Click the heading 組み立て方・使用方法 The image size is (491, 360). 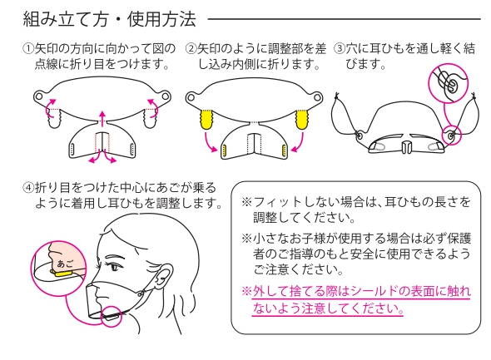[x=110, y=19]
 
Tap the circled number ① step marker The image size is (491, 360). [x=28, y=49]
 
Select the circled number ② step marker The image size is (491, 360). [x=191, y=49]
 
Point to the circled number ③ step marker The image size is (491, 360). [x=340, y=49]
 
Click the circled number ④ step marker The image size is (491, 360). [x=28, y=188]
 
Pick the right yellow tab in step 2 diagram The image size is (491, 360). [x=302, y=119]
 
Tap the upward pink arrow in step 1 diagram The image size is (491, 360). [x=102, y=118]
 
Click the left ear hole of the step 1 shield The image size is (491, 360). [x=38, y=96]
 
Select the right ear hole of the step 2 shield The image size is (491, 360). [x=318, y=96]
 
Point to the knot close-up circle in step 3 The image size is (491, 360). [x=448, y=82]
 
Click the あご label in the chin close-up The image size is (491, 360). [x=66, y=264]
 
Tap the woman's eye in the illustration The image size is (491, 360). [x=115, y=268]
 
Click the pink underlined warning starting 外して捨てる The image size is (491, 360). [x=356, y=300]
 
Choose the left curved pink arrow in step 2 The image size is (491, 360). [x=210, y=142]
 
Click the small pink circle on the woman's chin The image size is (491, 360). [x=112, y=316]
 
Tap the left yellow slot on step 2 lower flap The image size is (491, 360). [x=224, y=150]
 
